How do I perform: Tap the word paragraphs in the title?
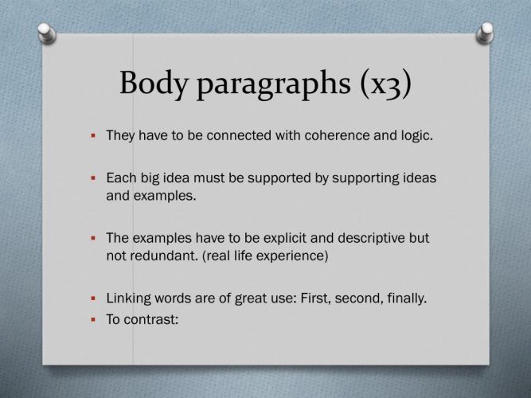[x=274, y=84]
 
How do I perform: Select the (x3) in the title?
[x=386, y=84]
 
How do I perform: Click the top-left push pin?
[x=47, y=33]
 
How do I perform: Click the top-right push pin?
[x=485, y=33]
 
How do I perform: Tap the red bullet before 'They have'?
[x=93, y=136]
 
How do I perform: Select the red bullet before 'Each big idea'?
[x=93, y=178]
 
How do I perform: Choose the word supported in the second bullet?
[x=279, y=178]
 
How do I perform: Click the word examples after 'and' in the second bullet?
[x=165, y=196]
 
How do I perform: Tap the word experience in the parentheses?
[x=292, y=256]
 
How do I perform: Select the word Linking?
[x=128, y=298]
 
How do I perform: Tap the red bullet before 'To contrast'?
[x=93, y=319]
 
